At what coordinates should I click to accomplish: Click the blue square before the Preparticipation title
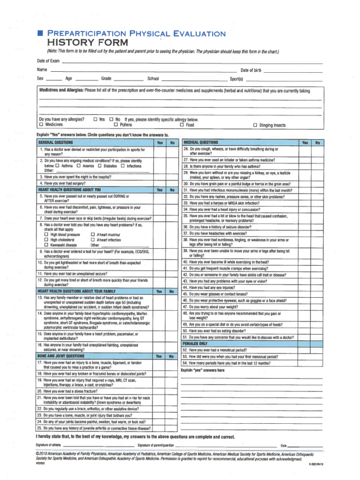[x=41, y=34]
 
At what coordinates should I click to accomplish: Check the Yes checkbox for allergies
[x=96, y=120]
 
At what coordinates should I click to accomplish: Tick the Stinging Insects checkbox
[x=255, y=125]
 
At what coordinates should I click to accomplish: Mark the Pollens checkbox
[x=116, y=125]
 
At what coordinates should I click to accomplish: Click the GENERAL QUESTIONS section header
[x=52, y=142]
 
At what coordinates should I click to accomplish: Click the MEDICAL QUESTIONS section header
[x=201, y=142]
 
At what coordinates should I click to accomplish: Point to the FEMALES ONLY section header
[x=195, y=344]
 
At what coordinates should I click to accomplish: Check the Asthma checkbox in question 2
[x=57, y=166]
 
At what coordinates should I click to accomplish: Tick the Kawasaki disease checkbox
[x=46, y=245]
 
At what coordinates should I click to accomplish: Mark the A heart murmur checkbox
[x=93, y=234]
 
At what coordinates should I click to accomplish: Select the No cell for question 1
[x=172, y=151]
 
